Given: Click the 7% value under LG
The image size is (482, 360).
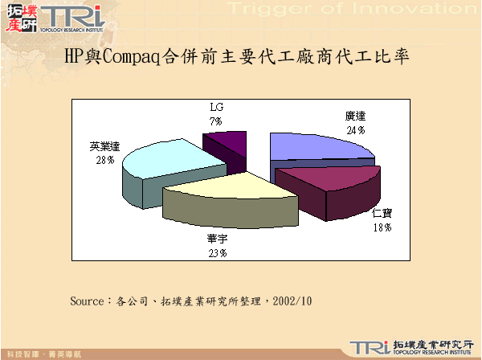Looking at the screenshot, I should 216,120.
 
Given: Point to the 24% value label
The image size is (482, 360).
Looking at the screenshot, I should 356,129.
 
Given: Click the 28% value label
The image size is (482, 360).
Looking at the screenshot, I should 104,160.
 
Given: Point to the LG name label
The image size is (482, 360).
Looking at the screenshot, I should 216,107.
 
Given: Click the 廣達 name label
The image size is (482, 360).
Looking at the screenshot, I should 356,117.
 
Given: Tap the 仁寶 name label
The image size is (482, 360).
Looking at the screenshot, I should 382,214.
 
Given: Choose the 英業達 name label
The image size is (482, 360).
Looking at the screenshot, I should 105,147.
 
